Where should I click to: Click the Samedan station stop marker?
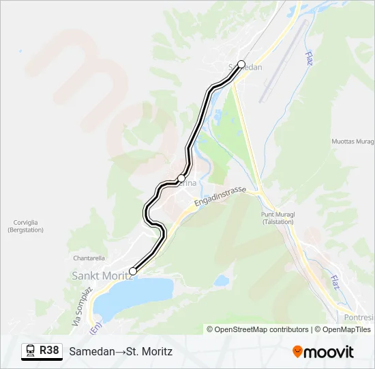(241, 64)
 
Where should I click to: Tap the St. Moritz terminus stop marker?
(133, 271)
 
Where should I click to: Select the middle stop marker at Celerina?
(181, 178)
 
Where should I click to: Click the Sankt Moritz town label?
(102, 275)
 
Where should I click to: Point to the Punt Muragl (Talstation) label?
(277, 218)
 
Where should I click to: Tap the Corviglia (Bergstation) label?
(25, 226)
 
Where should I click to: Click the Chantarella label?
(89, 258)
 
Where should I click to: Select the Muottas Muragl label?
(352, 141)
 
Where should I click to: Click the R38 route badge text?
(49, 351)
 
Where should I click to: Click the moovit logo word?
(329, 352)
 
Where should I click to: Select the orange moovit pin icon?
(297, 352)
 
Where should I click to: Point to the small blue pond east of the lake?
(221, 280)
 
